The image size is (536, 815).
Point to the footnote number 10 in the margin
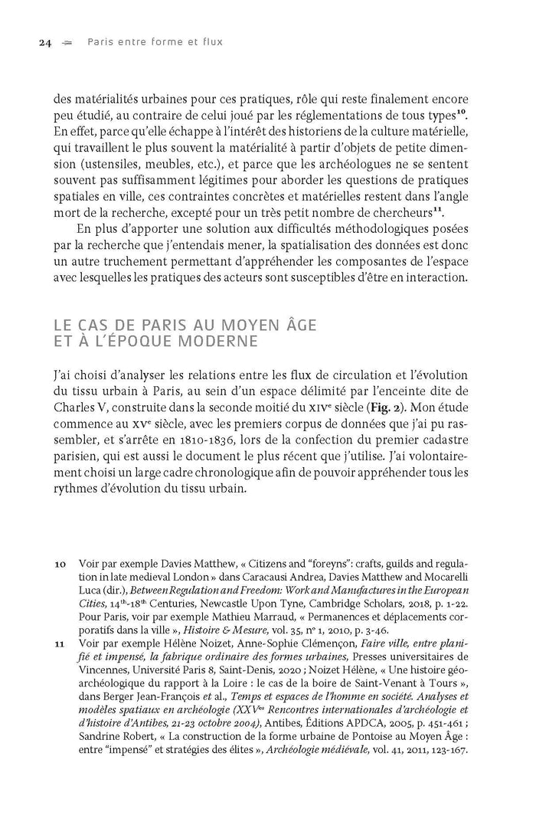click(60, 564)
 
